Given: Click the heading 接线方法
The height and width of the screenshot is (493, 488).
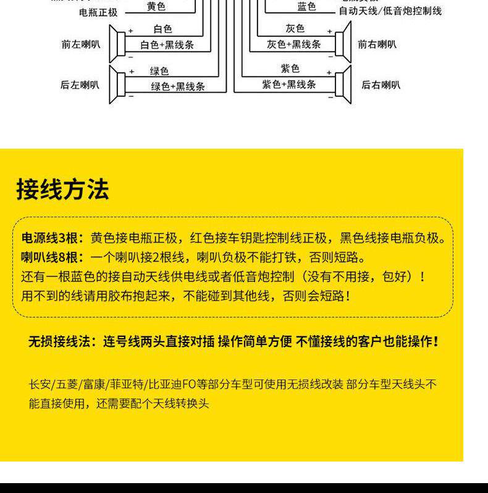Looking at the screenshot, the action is [62, 189].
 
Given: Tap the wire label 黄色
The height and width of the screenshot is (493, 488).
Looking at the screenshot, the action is [156, 7].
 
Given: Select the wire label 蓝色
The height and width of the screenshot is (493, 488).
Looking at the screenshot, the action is [306, 7].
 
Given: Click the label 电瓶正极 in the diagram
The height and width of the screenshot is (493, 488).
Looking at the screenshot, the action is [98, 12].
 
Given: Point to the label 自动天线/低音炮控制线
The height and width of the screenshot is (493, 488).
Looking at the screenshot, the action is [390, 11].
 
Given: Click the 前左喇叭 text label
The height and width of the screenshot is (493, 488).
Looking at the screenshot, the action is [80, 44].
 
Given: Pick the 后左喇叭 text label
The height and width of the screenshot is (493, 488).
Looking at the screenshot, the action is [80, 85].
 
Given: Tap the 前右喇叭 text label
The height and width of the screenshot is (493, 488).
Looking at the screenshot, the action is [377, 44].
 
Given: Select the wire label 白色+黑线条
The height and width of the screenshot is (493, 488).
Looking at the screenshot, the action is [167, 44].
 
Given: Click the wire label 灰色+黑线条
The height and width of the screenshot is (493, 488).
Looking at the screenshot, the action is [294, 44].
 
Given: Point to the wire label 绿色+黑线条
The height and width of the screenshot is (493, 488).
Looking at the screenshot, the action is [178, 86].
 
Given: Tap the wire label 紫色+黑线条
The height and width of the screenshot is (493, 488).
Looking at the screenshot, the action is [289, 84].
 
